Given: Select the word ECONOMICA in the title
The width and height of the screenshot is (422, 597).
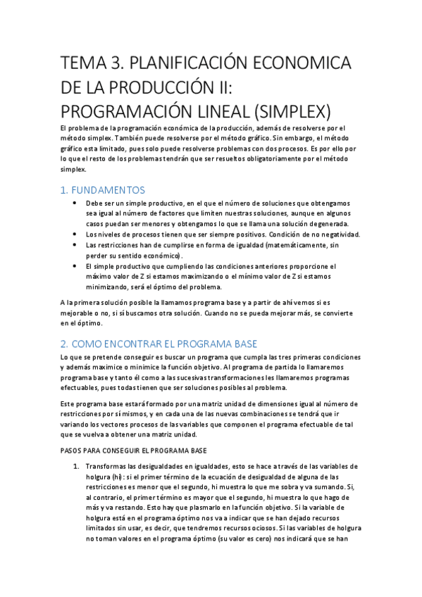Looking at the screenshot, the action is [x=305, y=65].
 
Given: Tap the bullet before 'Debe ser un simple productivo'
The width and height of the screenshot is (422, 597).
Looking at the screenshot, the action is [x=75, y=203].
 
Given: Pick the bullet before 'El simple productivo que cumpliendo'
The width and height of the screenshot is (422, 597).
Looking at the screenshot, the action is [x=75, y=267].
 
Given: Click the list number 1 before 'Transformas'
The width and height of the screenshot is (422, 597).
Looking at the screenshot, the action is [x=75, y=467].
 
